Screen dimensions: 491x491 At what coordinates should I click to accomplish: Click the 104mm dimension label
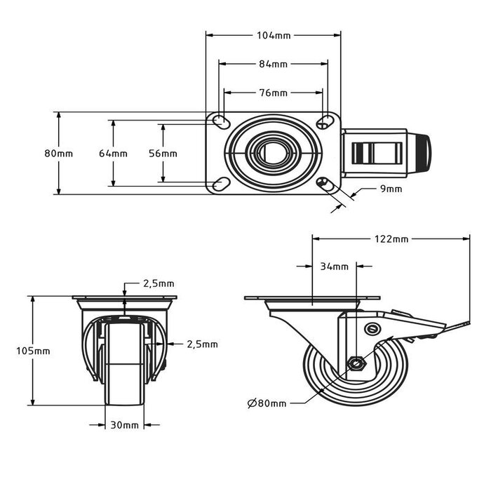(x=274, y=34)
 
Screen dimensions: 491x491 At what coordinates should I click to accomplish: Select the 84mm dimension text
(x=274, y=64)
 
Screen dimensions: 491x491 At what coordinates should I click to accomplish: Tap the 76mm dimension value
(x=274, y=93)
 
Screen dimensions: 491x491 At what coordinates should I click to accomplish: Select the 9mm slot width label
(x=391, y=189)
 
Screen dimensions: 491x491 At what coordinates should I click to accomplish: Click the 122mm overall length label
(x=391, y=239)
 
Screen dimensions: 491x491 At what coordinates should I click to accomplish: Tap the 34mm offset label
(x=334, y=267)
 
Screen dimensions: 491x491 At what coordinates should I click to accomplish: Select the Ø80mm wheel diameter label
(x=267, y=403)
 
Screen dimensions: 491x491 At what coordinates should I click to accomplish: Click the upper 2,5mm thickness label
(x=159, y=284)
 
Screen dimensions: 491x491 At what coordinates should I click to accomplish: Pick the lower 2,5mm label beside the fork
(x=202, y=344)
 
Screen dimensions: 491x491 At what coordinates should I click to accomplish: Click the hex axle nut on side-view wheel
(x=356, y=363)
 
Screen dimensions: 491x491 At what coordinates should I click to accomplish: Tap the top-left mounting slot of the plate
(x=220, y=121)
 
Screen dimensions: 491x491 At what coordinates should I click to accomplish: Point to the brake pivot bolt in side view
(x=372, y=329)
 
